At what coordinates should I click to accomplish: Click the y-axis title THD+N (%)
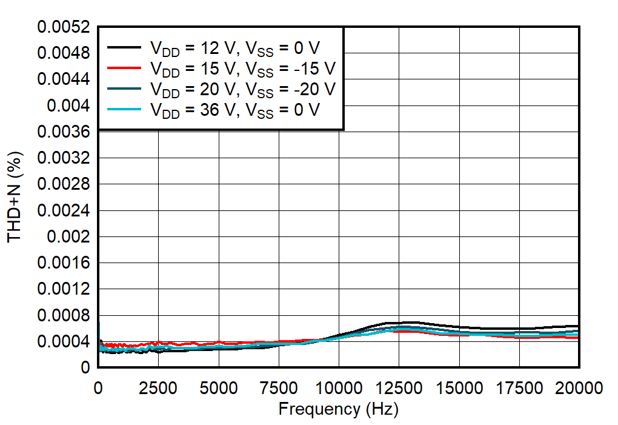click(x=15, y=197)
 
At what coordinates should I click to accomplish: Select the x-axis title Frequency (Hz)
click(x=338, y=409)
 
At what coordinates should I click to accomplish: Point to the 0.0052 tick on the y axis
click(x=64, y=27)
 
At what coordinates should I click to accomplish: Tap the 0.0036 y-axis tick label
click(x=64, y=132)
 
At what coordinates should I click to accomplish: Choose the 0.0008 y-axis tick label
click(x=64, y=316)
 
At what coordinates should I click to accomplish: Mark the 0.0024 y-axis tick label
click(x=64, y=211)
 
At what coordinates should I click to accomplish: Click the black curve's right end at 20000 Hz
click(x=579, y=326)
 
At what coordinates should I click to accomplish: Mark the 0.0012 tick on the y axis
click(x=64, y=290)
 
